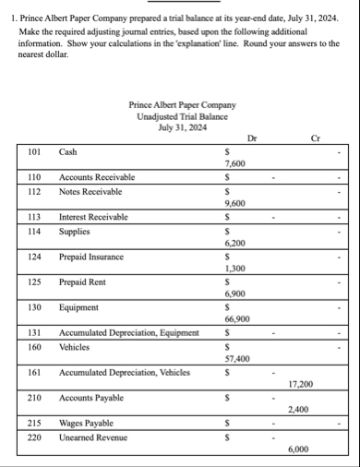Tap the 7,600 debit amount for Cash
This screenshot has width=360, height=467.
[234, 162]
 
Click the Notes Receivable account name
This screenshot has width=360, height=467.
[90, 191]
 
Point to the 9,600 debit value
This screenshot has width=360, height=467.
[234, 203]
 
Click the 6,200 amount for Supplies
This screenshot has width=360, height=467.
[234, 244]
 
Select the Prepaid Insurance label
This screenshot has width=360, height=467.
[91, 257]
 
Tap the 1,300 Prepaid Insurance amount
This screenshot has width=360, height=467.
[234, 268]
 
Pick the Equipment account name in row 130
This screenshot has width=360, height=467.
[78, 306]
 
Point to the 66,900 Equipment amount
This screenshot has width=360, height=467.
[236, 317]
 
